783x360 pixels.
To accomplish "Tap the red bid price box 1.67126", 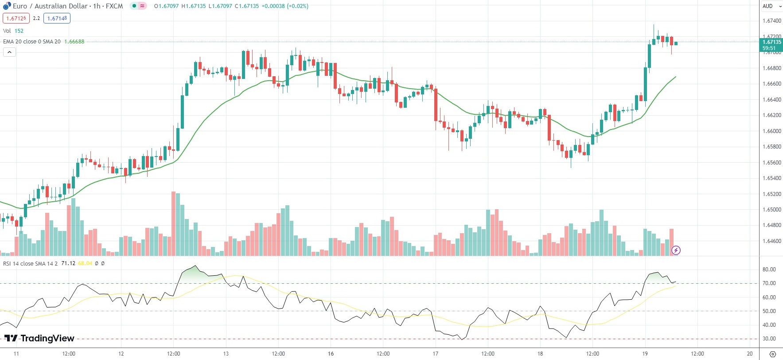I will pos(16,18).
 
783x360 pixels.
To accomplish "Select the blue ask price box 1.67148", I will pos(57,18).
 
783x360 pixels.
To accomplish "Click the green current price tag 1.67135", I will pos(771,45).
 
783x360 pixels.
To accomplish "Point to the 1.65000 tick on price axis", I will pos(771,210).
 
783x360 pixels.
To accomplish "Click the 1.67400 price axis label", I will pos(771,21).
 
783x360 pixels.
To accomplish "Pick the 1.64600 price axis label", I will pos(771,241).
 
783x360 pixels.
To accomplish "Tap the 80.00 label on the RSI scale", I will pos(769,270).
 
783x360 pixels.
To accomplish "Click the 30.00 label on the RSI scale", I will pos(769,339).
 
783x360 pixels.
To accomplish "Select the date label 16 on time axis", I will pos(331,354).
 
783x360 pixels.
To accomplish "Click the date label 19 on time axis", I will pos(645,354).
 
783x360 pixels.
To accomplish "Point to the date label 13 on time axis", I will pos(226,354).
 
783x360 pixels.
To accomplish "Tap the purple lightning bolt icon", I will pos(676,250).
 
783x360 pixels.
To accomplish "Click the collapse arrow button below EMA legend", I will pos(9,52).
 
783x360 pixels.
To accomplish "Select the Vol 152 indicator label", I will pos(13,31).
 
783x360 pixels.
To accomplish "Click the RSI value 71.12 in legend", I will pos(68,263).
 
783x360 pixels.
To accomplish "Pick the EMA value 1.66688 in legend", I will pos(74,42).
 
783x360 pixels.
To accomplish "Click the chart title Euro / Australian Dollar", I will pos(50,6).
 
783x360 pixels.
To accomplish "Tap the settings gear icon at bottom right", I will pos(773,354).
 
